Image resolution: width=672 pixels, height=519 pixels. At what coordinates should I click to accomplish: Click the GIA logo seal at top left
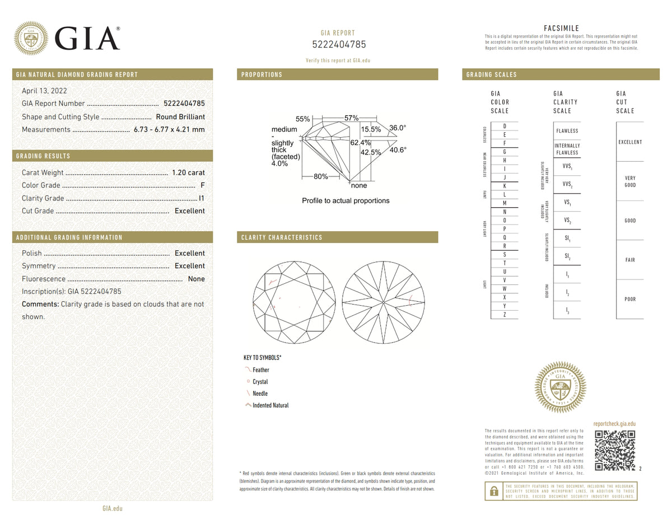tap(31, 38)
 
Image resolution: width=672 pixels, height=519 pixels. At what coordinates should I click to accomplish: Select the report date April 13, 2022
tap(44, 91)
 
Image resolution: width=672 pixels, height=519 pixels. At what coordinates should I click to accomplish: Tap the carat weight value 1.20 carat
tap(188, 173)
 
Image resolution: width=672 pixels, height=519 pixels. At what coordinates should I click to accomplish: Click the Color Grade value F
tap(202, 185)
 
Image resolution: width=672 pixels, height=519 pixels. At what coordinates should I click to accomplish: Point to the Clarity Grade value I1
tap(202, 198)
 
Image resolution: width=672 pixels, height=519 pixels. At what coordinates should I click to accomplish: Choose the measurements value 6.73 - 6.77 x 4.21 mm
tap(169, 130)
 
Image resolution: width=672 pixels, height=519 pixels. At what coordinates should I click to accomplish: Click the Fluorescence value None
tap(196, 279)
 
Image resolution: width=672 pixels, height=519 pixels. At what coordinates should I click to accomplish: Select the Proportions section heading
tap(262, 75)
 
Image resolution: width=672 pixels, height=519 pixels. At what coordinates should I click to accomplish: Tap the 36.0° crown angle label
tap(398, 128)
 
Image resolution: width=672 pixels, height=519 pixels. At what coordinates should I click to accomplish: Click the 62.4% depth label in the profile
tap(361, 143)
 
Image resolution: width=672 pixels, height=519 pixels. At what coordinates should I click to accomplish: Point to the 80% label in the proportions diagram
tap(321, 176)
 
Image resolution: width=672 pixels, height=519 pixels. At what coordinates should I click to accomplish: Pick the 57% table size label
tap(351, 118)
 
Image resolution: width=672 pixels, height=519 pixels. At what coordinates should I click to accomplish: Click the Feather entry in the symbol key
tap(260, 370)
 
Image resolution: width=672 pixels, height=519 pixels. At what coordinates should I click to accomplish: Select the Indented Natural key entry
tap(270, 405)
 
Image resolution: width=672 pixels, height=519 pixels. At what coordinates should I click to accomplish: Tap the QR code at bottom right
tap(614, 451)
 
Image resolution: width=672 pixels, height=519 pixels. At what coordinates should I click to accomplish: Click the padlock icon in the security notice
tap(493, 491)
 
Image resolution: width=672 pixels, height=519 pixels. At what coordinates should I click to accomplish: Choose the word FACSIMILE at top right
tap(561, 29)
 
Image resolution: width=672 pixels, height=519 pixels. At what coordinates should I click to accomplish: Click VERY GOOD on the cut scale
tap(630, 181)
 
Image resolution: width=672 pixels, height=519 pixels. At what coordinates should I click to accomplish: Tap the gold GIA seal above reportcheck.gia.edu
tap(561, 387)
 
